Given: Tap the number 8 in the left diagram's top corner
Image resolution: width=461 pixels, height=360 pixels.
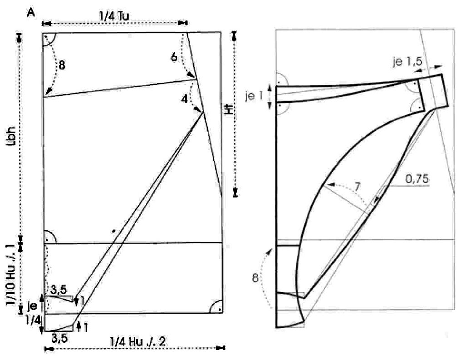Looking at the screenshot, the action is [x=61, y=65].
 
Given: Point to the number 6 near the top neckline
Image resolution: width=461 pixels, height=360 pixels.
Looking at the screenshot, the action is [x=174, y=57].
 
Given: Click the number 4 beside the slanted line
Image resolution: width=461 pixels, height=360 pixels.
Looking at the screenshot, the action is [x=184, y=99].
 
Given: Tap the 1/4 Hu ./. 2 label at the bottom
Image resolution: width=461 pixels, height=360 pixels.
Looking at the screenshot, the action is [x=137, y=342].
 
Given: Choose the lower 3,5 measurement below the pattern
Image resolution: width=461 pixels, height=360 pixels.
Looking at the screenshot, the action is [x=59, y=338].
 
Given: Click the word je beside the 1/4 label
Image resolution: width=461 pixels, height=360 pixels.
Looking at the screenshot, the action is [x=32, y=306].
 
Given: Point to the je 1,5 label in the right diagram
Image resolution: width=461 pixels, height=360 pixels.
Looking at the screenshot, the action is [x=407, y=62].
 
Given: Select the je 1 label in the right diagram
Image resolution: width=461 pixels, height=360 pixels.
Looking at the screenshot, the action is [x=255, y=96].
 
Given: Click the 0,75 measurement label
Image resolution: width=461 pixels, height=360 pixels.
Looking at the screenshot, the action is [x=417, y=179].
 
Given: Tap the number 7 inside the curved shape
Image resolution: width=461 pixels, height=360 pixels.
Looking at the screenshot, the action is [x=357, y=187].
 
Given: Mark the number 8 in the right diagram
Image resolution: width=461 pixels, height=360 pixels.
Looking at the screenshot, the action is [x=255, y=278].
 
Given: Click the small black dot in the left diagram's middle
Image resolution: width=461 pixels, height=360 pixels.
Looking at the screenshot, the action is [x=114, y=231].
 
